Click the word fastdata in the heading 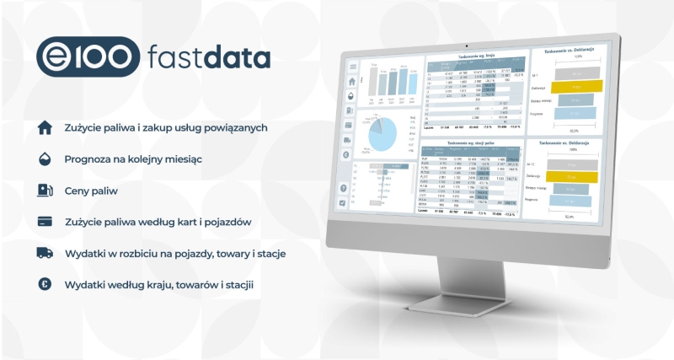[x=208, y=57]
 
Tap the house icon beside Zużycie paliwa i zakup [x=45, y=128]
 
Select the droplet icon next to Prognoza [x=45, y=159]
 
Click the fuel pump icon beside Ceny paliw [x=45, y=191]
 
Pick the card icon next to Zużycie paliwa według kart [x=45, y=223]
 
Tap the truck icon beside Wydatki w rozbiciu [x=45, y=254]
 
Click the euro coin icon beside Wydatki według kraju [x=45, y=285]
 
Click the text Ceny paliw [x=91, y=191]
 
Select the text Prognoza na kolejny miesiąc [x=133, y=159]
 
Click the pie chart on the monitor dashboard [x=383, y=134]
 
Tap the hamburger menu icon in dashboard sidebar [x=352, y=66]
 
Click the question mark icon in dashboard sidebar [x=345, y=187]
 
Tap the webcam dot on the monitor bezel [x=467, y=45]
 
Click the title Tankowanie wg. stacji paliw [x=471, y=143]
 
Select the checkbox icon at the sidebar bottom [x=344, y=203]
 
